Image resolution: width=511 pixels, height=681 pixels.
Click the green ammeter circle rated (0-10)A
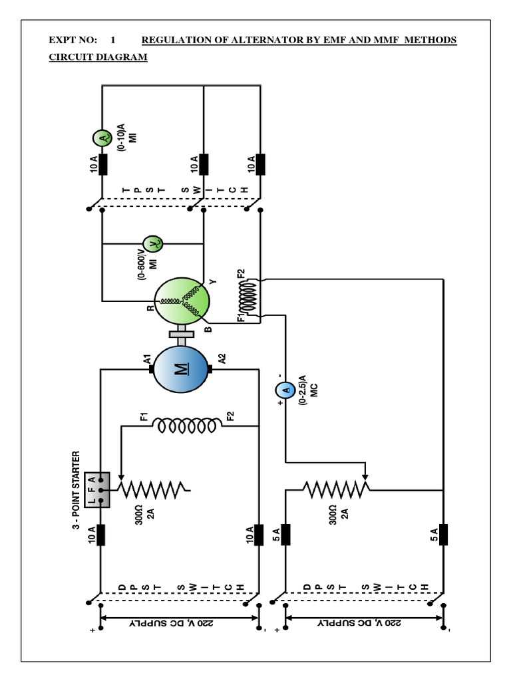(102, 138)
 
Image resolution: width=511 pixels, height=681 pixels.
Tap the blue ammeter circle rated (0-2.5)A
(285, 391)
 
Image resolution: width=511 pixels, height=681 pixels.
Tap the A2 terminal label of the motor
(222, 360)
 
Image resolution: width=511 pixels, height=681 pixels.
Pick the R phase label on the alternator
(150, 307)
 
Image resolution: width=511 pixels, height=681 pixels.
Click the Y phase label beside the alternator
(214, 282)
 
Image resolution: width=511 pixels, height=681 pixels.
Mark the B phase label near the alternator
(208, 329)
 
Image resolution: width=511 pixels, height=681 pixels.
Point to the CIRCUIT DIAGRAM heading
(98, 57)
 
